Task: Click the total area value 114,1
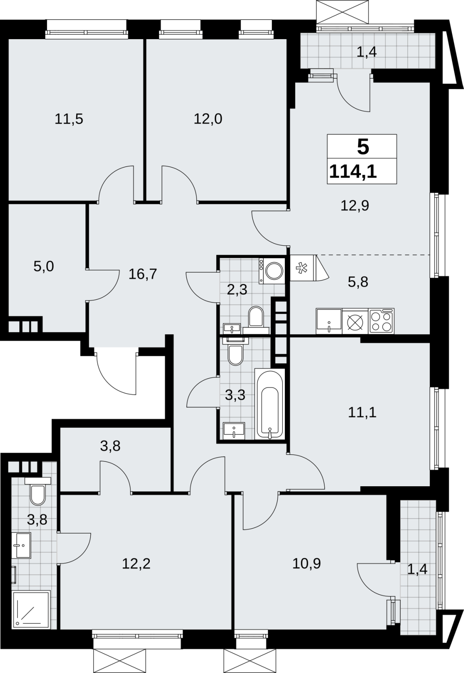[353, 172]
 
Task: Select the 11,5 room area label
[69, 119]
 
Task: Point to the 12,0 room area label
[208, 119]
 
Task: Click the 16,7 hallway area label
[143, 274]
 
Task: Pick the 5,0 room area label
[44, 267]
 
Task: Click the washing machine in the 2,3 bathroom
[272, 270]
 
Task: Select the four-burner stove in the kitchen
[382, 321]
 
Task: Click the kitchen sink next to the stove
[329, 321]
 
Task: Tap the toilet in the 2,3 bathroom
[256, 319]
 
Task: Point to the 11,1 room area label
[362, 413]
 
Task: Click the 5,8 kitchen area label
[358, 282]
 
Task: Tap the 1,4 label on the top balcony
[367, 53]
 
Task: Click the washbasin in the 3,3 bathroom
[234, 431]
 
